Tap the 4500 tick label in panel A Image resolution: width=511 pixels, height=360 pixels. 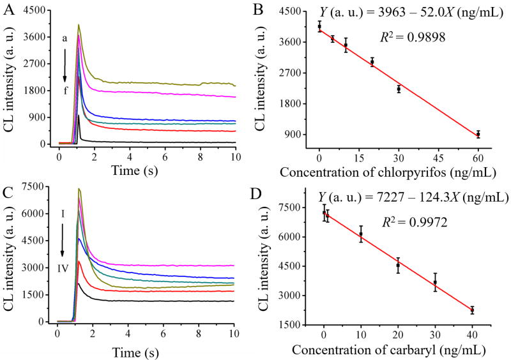pyautogui.click(x=38, y=10)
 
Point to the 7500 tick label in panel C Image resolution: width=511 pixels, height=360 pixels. pyautogui.click(x=38, y=187)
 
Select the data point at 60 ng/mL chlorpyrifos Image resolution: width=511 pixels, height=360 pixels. pyautogui.click(x=478, y=134)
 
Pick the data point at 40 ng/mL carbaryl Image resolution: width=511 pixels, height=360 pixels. pyautogui.click(x=472, y=310)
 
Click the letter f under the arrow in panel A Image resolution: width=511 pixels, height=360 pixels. pyautogui.click(x=66, y=91)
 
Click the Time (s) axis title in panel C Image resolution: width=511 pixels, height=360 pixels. pyautogui.click(x=145, y=350)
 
